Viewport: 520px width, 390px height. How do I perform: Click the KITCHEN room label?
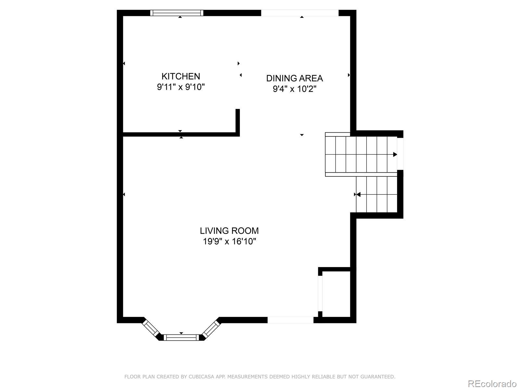[x=180, y=76]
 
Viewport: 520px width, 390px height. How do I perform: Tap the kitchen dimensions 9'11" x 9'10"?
[x=180, y=87]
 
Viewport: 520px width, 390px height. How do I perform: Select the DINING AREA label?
[x=294, y=78]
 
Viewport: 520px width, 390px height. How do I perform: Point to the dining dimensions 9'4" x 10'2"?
[x=294, y=89]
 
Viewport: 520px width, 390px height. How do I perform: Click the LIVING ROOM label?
[x=229, y=231]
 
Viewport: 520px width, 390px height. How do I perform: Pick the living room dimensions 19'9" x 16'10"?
[x=229, y=241]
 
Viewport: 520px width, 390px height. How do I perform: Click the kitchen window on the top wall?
[x=177, y=13]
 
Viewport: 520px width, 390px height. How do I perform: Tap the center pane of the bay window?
[x=181, y=337]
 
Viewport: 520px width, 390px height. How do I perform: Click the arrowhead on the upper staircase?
[x=395, y=154]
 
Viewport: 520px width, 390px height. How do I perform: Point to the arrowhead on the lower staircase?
[x=358, y=194]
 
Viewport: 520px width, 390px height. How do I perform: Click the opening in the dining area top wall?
[x=300, y=13]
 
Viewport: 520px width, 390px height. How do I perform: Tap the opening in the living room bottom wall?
[x=291, y=320]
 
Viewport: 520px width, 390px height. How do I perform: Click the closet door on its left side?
[x=320, y=293]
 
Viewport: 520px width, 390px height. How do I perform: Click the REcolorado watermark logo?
[x=492, y=383]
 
